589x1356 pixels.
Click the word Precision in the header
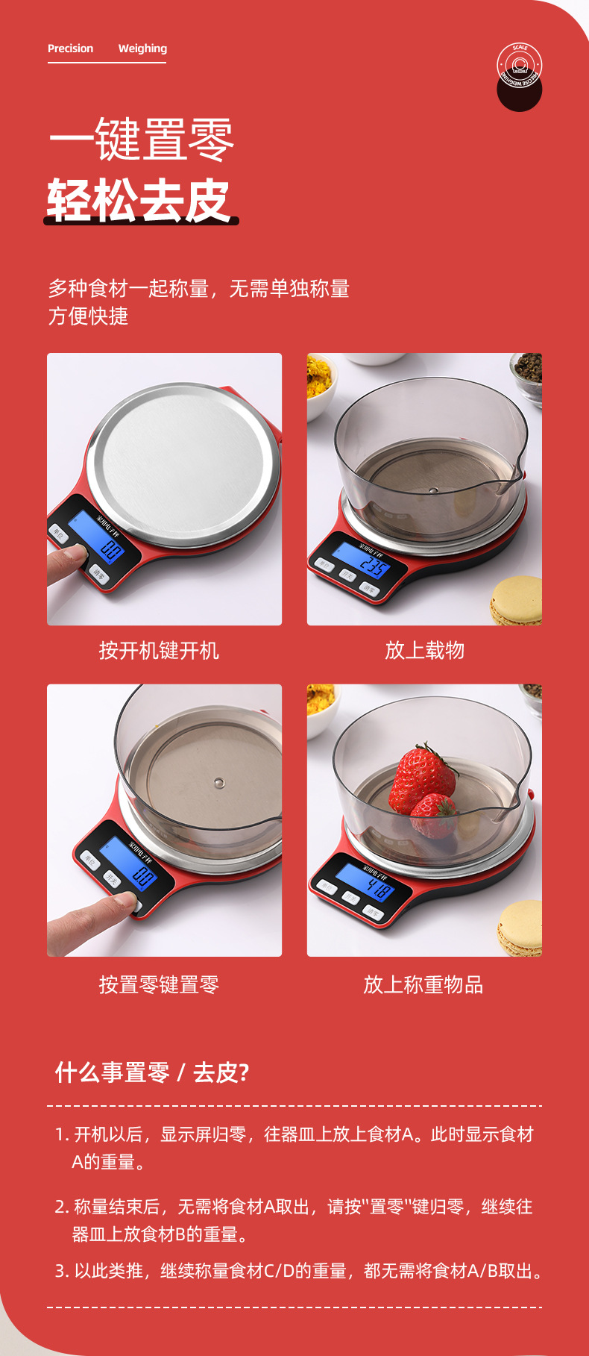pos(70,49)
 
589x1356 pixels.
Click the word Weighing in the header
pos(142,49)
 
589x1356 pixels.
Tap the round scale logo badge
pos(519,67)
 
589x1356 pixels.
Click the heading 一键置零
pos(142,140)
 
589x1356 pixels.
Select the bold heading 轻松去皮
pos(139,201)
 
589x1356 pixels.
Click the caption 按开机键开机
pos(159,651)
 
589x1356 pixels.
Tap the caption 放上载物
pos(424,651)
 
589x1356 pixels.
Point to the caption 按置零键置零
pos(159,985)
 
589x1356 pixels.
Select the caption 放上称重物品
pos(423,985)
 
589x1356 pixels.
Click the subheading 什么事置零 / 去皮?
pos(152,1072)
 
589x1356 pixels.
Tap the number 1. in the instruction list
pos(63,1134)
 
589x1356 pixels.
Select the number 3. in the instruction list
pos(63,1271)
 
